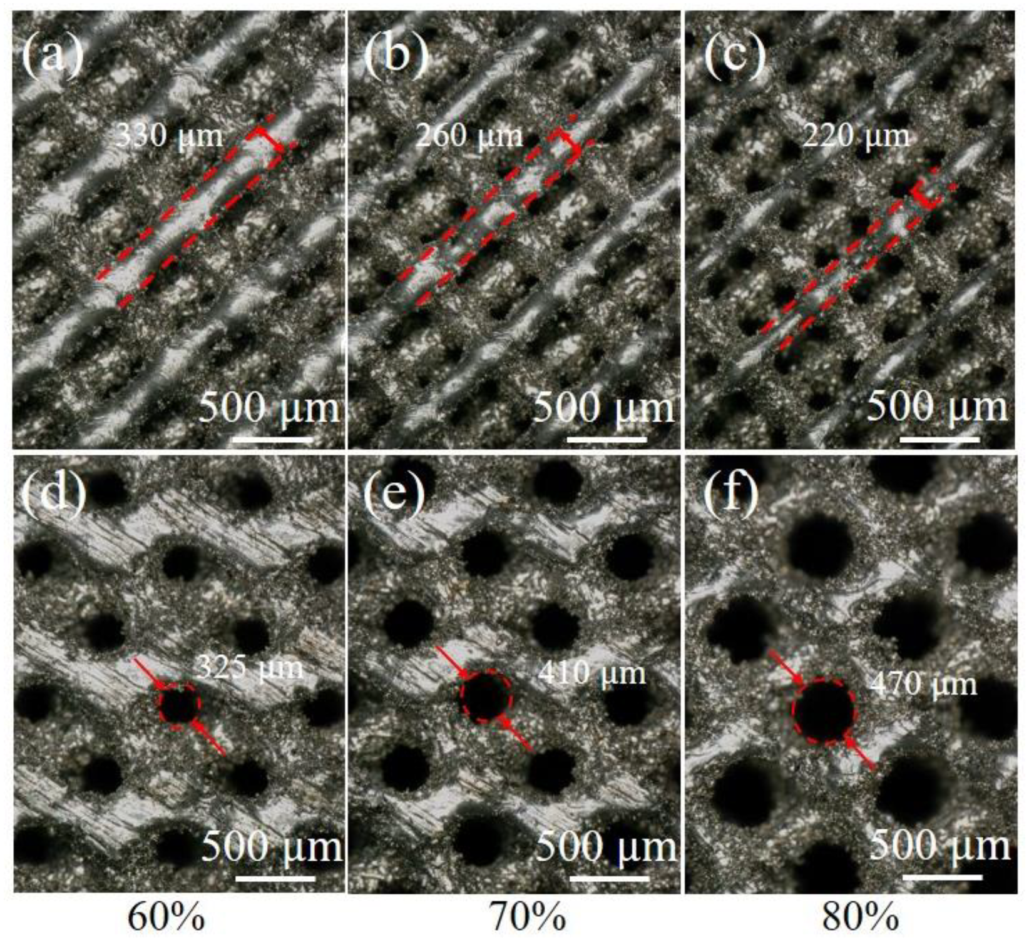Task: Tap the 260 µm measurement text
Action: coord(469,135)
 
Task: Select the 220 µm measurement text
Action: coord(856,135)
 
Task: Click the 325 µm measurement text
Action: coord(250,668)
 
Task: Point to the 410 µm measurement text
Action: coord(591,673)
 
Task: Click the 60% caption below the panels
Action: coord(166,918)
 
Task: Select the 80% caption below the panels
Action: coord(860,918)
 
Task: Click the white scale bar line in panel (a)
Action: coord(272,440)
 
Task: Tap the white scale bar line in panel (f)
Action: coord(942,877)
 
